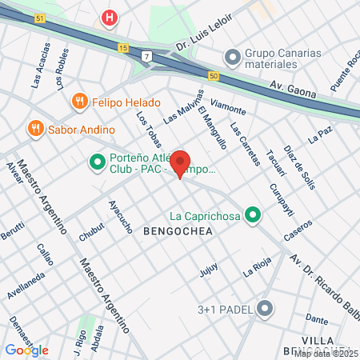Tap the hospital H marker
point(110,17)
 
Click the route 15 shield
point(122,48)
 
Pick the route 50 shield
point(213,75)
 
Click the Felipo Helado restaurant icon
point(78,101)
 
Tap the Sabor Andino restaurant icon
point(35,128)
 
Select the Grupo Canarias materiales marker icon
point(233,56)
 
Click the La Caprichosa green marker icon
point(253,214)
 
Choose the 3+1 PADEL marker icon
point(266,309)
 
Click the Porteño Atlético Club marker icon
point(98,163)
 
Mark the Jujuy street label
point(209,273)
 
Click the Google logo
point(26,350)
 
